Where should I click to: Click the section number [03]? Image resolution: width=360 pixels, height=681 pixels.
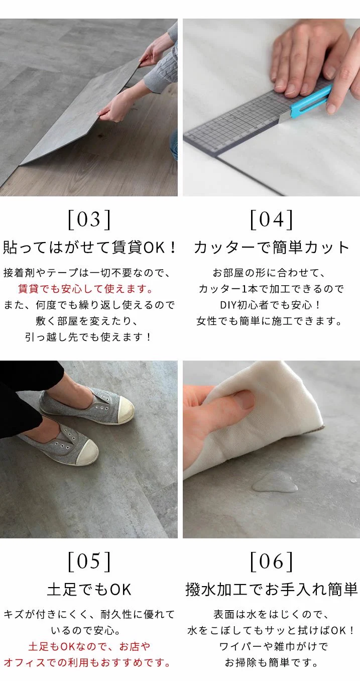89,220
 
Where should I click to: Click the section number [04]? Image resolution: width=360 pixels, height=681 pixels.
272,220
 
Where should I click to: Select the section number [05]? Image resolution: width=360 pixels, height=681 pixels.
89,561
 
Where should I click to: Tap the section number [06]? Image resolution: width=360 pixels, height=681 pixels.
272,561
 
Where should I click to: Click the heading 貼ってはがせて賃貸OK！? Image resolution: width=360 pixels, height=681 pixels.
90,248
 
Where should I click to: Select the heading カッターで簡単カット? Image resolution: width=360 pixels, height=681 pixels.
272,248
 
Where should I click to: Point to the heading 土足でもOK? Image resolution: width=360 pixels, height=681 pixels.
89,589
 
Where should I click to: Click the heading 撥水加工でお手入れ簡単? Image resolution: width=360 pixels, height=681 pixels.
272,589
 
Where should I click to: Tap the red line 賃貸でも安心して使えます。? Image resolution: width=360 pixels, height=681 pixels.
85,289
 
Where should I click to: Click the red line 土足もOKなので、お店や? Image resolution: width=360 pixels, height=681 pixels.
89,646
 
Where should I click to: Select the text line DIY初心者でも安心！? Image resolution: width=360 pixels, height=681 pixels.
272,305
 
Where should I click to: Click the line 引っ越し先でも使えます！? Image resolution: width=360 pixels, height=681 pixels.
89,337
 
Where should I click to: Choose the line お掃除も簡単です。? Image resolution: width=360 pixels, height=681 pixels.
272,662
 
